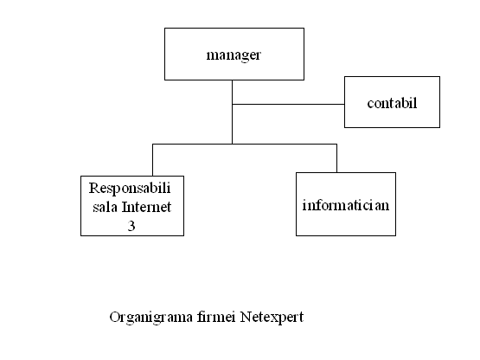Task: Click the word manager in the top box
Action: (x=234, y=55)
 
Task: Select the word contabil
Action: (x=392, y=103)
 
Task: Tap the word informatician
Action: (x=346, y=205)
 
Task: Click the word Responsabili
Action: (x=130, y=189)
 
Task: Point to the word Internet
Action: (x=147, y=207)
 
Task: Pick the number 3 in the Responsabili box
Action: (x=131, y=226)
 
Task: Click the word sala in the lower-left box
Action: (x=105, y=207)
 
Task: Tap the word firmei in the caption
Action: (x=216, y=317)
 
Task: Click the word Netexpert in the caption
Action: (x=272, y=318)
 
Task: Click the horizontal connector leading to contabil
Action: (x=288, y=104)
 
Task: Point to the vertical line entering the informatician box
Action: (x=336, y=158)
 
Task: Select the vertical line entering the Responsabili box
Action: (x=152, y=160)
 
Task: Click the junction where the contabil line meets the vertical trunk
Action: (x=232, y=104)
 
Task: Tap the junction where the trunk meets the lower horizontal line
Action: (x=232, y=144)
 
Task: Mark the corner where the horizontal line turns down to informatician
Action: (x=336, y=144)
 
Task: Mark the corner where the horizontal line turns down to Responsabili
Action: (x=152, y=144)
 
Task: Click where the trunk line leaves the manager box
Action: (x=232, y=80)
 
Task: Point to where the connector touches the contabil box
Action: (x=344, y=104)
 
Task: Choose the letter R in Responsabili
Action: (x=93, y=188)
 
